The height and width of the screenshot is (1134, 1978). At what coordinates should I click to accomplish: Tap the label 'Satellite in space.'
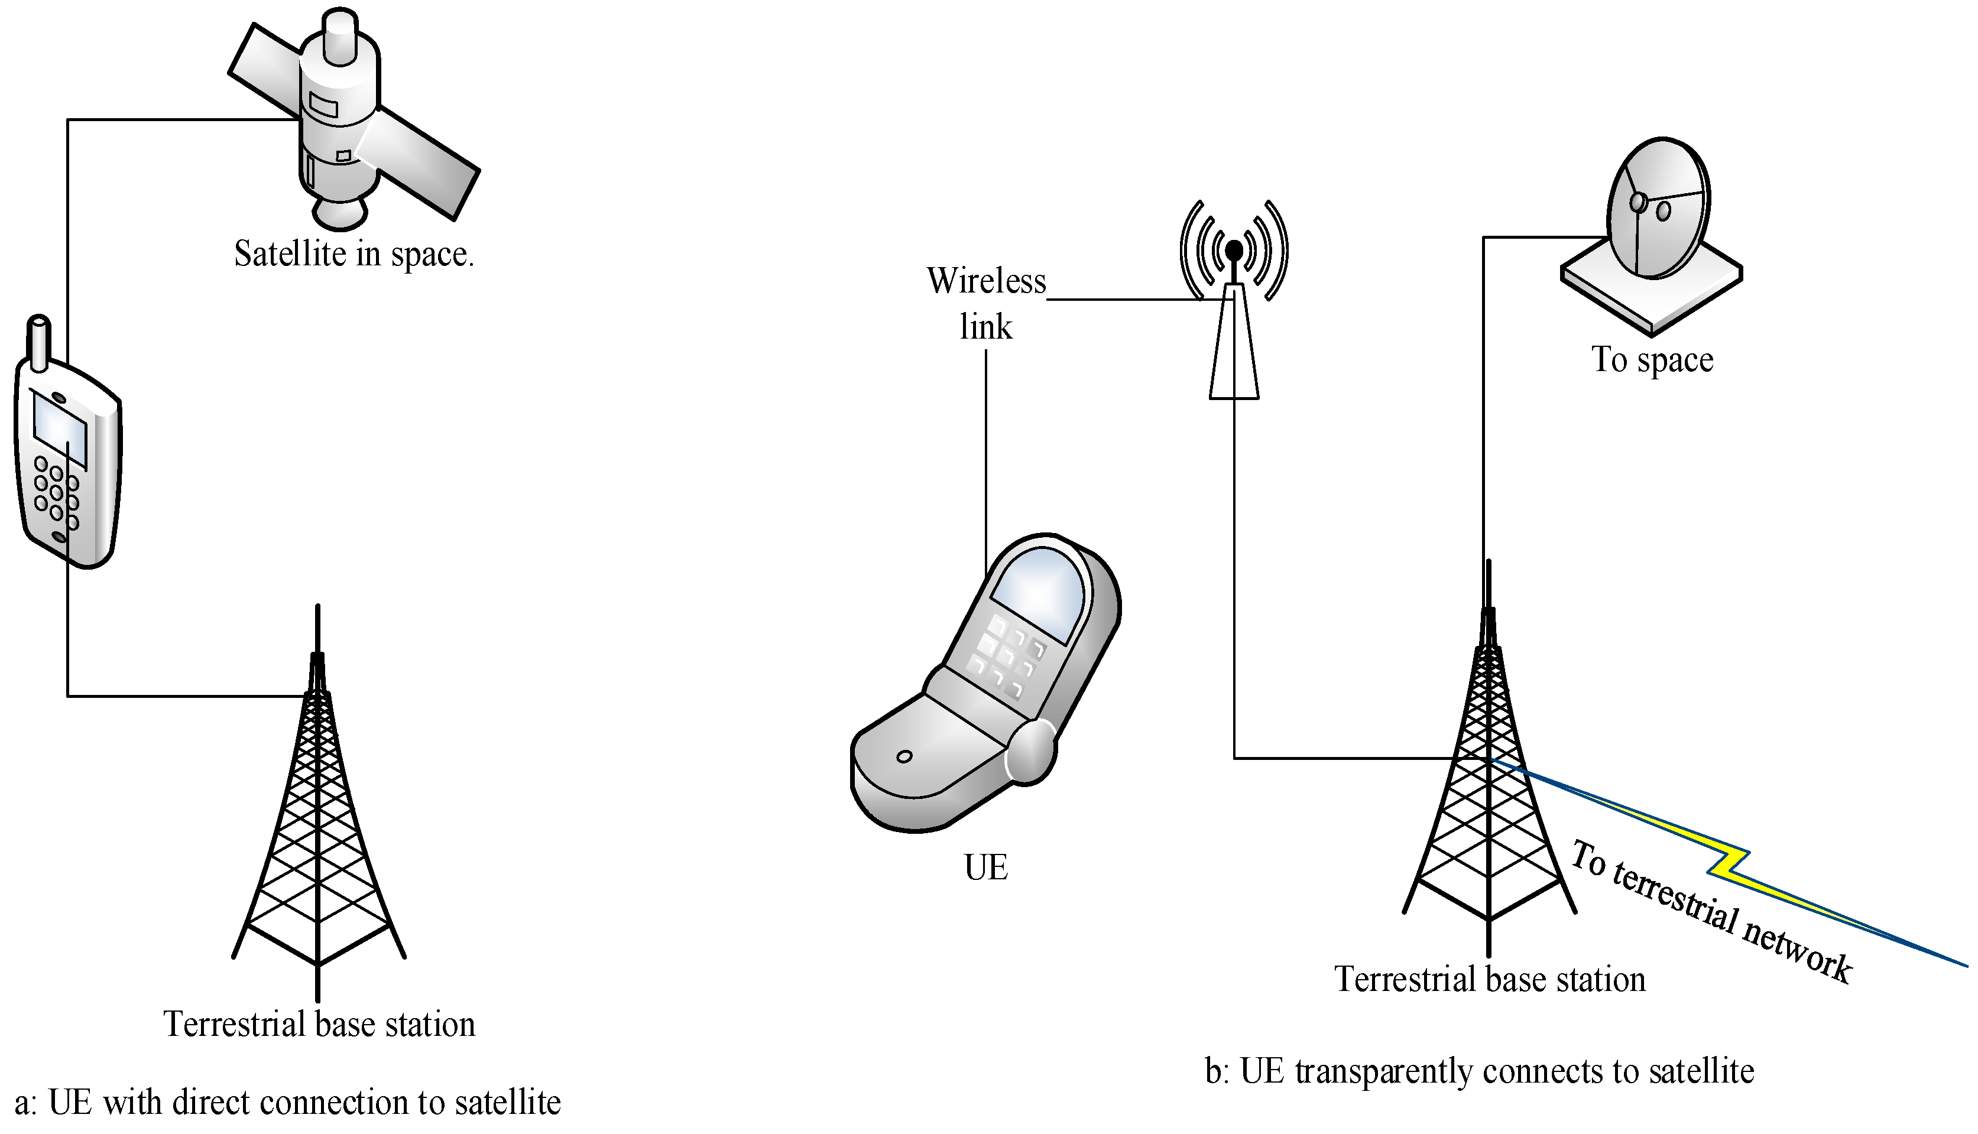(354, 255)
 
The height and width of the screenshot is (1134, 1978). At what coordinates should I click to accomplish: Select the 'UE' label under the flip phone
(985, 867)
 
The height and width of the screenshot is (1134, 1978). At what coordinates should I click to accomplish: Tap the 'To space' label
(1652, 360)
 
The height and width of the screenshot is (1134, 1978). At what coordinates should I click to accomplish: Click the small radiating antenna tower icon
(1234, 311)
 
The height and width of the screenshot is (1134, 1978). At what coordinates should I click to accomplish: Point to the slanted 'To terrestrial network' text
(1710, 911)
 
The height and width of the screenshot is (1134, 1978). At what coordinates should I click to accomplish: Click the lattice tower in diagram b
(1489, 779)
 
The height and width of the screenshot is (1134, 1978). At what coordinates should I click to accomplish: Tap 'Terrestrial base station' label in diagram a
(319, 1024)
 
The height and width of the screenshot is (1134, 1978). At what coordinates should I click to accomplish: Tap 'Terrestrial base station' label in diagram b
(1490, 980)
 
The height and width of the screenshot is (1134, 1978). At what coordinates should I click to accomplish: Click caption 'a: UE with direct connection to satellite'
(288, 1103)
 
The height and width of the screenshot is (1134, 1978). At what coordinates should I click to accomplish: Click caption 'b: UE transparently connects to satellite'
(1478, 1071)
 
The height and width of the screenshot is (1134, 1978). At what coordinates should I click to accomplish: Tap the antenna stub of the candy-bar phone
(39, 343)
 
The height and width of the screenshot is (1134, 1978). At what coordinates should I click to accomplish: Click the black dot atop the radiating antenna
(1234, 250)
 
